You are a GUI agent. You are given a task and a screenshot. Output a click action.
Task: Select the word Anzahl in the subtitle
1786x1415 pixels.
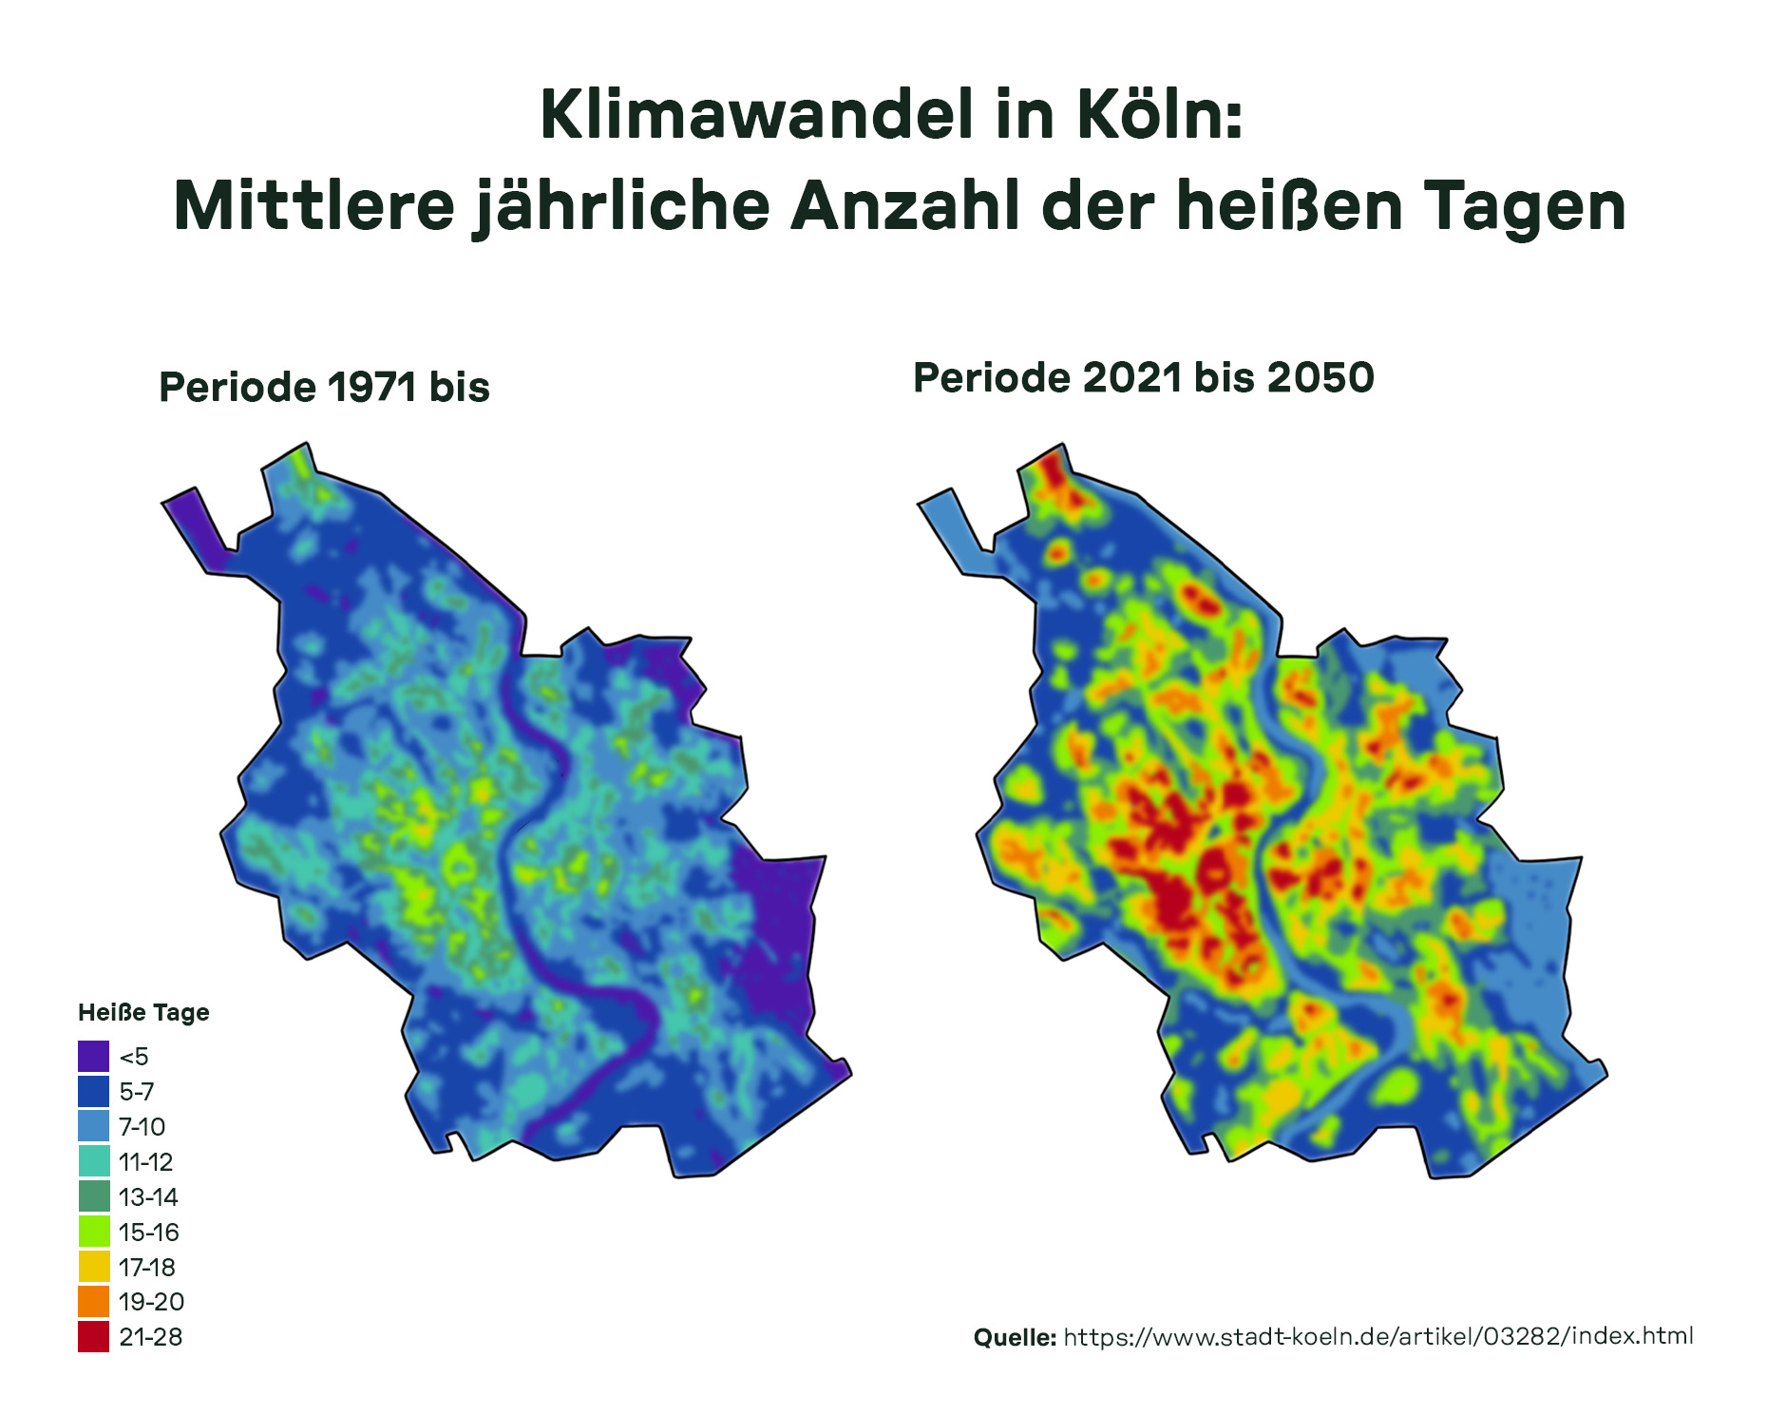tap(904, 206)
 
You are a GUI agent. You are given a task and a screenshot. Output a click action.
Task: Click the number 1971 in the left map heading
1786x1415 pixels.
tap(371, 388)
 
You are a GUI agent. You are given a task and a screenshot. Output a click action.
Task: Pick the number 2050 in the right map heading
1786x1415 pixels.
tap(1320, 378)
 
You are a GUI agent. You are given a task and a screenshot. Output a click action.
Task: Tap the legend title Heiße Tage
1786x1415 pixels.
tap(143, 1013)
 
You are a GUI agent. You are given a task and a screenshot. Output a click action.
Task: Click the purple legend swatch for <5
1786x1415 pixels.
tap(94, 1057)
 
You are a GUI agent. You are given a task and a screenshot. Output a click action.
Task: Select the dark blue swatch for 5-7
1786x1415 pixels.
tap(94, 1091)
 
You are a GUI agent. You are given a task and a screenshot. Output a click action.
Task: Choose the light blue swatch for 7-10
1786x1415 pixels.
tap(94, 1126)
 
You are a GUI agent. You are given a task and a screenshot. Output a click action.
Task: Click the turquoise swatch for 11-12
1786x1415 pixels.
tap(94, 1161)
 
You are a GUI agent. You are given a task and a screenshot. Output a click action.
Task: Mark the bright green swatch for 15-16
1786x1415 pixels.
tap(94, 1232)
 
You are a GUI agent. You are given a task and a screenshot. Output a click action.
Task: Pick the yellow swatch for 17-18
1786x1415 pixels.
tap(94, 1267)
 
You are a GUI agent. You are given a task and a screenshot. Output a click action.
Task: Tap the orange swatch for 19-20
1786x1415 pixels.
tap(94, 1301)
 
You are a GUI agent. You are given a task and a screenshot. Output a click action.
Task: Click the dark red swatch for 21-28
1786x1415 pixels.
tap(94, 1336)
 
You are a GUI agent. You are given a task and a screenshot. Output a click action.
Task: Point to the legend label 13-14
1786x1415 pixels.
tap(148, 1197)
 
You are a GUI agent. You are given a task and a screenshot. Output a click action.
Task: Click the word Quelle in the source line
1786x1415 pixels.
tap(1014, 1338)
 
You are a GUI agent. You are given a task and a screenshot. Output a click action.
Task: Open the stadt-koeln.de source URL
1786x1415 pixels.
tap(1377, 1336)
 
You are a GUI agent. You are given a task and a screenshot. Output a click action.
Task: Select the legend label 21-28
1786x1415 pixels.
tap(150, 1337)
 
